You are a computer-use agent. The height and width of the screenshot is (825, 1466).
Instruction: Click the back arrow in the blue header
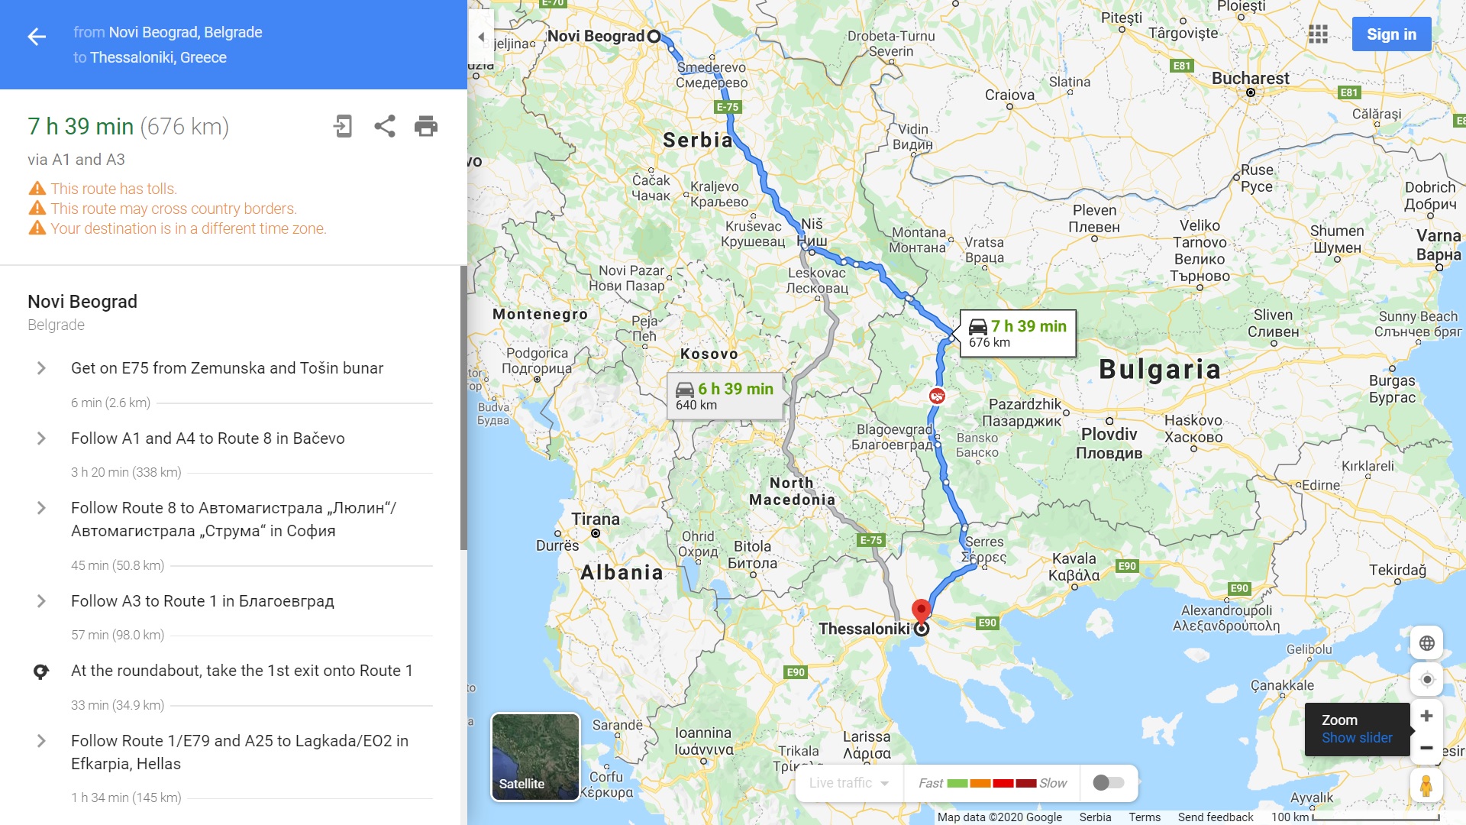pos(37,37)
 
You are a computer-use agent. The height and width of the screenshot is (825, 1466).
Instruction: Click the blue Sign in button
pos(1390,34)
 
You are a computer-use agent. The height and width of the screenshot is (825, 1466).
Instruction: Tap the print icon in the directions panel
pos(426,126)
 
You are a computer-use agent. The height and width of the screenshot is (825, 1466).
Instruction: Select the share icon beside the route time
pos(385,126)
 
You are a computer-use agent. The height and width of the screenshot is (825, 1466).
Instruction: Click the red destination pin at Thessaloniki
pos(922,610)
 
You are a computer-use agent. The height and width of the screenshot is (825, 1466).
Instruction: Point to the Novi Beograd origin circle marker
pos(654,36)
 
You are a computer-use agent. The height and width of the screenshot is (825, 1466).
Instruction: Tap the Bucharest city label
pos(1250,78)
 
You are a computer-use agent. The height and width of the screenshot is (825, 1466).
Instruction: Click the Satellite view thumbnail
pos(534,757)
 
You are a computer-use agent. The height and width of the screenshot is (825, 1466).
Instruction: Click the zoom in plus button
pos(1426,716)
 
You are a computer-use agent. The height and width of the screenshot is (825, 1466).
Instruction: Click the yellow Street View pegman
pos(1426,785)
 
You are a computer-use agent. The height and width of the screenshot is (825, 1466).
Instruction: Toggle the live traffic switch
pos(1108,782)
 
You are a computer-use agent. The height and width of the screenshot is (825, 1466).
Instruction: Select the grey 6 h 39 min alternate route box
pos(725,396)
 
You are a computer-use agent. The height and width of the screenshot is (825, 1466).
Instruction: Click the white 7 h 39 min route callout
pos(1018,333)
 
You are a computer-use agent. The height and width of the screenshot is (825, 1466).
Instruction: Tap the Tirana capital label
pos(596,519)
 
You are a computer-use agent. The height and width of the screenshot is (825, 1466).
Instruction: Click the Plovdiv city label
pos(1109,435)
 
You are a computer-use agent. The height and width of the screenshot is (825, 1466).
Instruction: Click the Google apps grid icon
pos(1318,34)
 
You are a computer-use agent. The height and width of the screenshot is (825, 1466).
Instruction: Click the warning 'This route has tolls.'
pos(114,189)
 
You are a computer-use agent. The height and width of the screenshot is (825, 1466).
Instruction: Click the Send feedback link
pos(1215,817)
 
